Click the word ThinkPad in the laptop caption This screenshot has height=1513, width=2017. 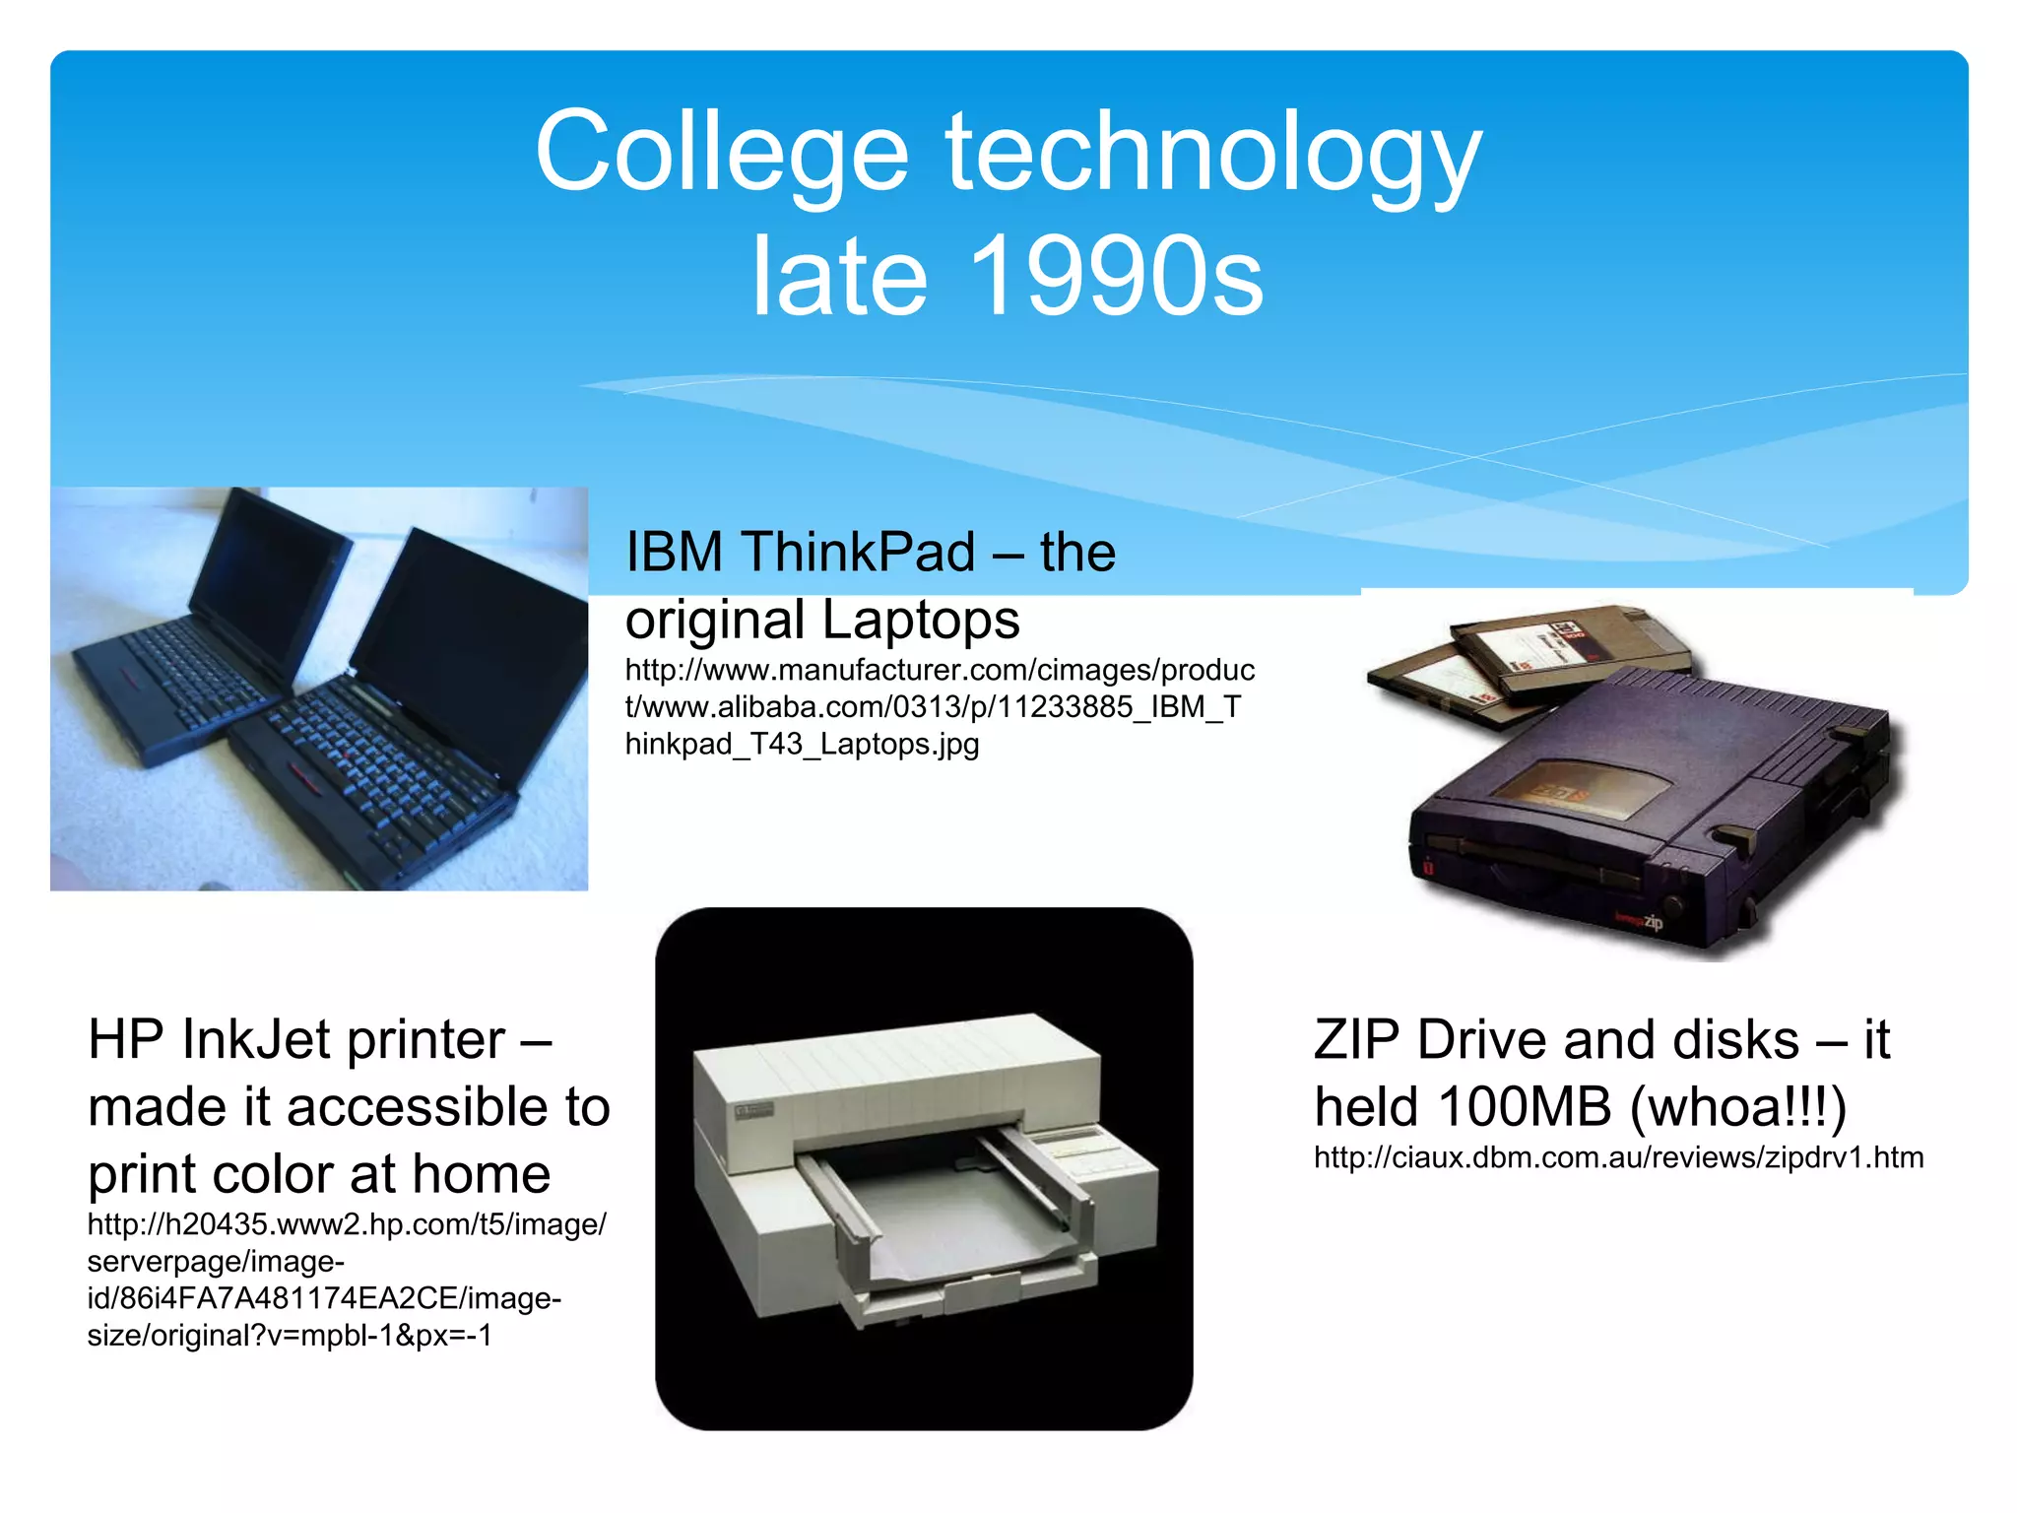point(858,552)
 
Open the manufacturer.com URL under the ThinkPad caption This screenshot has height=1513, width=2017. point(939,706)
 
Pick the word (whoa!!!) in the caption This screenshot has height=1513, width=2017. point(1738,1107)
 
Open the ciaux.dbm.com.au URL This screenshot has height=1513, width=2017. point(1618,1157)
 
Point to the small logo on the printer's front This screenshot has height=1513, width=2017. point(753,1112)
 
